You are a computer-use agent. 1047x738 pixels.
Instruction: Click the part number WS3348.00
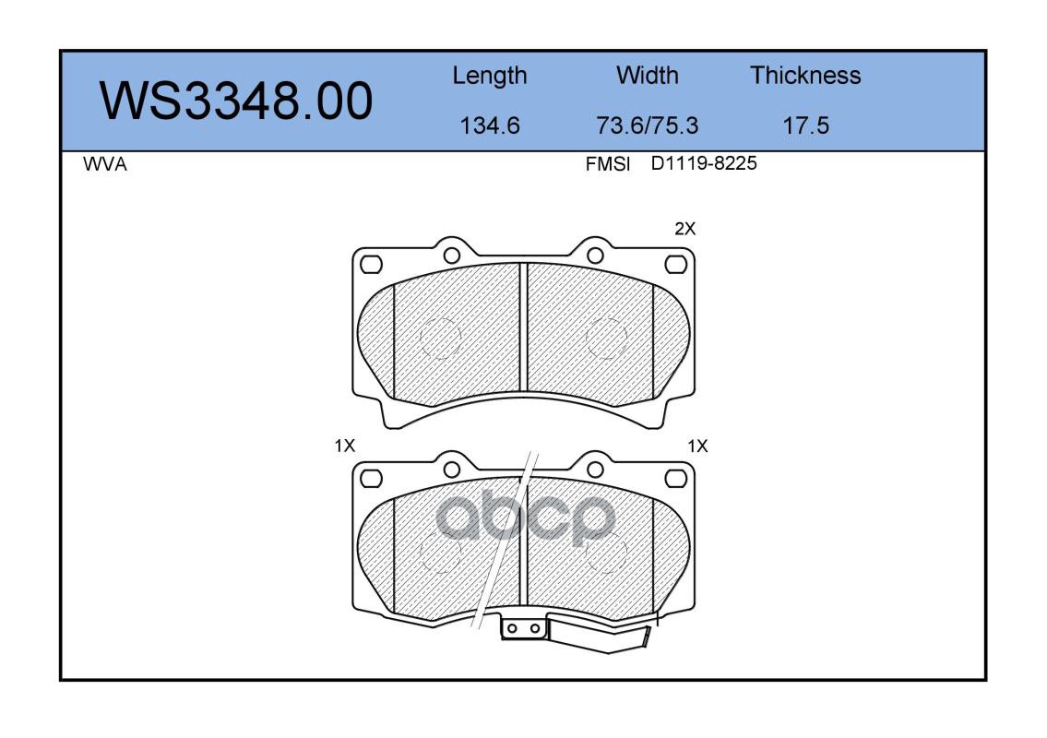[236, 101]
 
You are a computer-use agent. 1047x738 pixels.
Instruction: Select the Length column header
[490, 76]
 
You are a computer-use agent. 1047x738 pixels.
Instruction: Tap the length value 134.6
[490, 125]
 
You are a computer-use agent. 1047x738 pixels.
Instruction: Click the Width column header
[647, 75]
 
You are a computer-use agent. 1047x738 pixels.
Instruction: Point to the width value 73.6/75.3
[647, 125]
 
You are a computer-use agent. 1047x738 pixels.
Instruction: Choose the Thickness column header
[805, 75]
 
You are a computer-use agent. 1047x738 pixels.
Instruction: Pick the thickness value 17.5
[805, 125]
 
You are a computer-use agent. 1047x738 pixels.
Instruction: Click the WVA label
[105, 164]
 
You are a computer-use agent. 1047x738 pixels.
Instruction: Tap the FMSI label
[608, 164]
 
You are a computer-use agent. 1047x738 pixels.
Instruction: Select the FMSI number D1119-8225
[704, 163]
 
